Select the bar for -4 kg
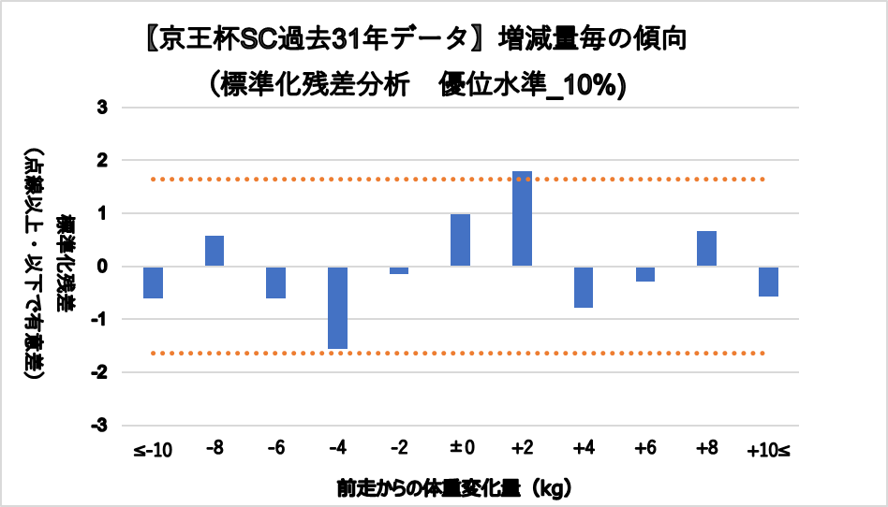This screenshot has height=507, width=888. [337, 307]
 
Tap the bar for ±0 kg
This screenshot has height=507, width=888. [460, 239]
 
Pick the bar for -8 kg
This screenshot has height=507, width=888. [215, 251]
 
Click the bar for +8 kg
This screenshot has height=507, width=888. [706, 248]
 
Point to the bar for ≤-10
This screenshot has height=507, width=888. [153, 282]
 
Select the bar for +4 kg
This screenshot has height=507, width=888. [584, 286]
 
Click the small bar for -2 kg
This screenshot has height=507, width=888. [399, 270]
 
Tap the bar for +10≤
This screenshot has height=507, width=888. [768, 282]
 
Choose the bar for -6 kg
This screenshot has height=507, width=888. [275, 282]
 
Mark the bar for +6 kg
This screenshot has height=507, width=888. [645, 274]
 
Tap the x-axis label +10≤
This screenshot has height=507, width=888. [768, 451]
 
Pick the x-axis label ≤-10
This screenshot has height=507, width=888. [153, 451]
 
